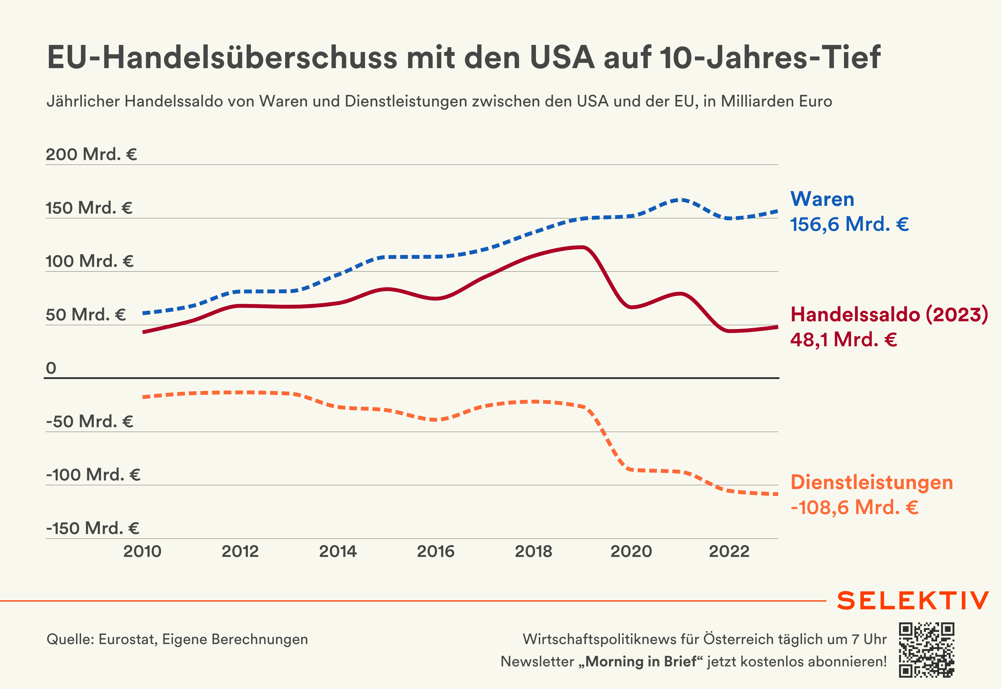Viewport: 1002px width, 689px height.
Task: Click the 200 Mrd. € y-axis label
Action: click(x=91, y=154)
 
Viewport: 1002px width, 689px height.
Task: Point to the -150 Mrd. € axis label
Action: click(x=93, y=528)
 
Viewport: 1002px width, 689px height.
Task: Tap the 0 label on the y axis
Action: click(x=51, y=368)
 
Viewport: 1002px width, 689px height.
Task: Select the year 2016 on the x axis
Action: click(x=435, y=551)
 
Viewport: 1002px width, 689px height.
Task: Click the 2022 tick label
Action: click(x=729, y=551)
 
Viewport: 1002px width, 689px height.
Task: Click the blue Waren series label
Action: click(x=822, y=199)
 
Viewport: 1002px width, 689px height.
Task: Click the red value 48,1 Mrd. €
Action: click(x=843, y=339)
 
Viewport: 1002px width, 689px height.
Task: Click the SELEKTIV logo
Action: click(x=913, y=601)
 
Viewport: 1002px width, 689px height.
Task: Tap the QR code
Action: click(x=926, y=650)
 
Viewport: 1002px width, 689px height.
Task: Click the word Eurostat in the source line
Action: click(x=127, y=639)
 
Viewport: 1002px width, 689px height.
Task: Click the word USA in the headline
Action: click(x=562, y=57)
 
